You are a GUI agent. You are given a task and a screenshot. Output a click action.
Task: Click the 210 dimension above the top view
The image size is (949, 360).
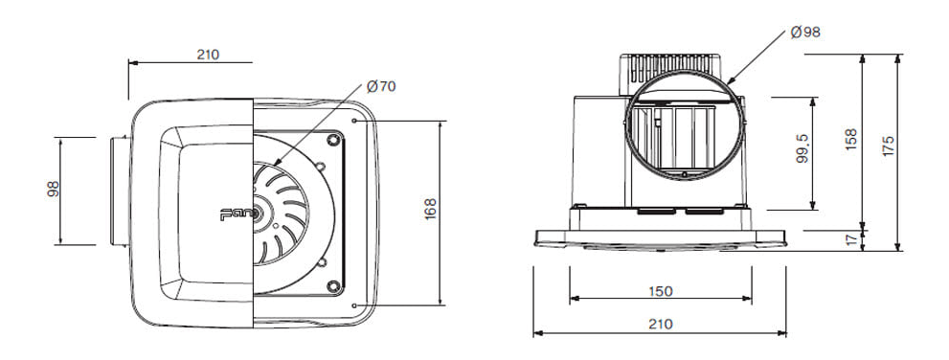click(208, 55)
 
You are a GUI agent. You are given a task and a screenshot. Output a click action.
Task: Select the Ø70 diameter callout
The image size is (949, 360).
click(381, 86)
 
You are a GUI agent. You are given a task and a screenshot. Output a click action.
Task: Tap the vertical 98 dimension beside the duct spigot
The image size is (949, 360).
click(54, 189)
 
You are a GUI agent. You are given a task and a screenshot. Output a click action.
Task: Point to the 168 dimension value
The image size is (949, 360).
click(430, 209)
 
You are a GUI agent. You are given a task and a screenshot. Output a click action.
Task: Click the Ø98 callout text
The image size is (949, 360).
click(805, 32)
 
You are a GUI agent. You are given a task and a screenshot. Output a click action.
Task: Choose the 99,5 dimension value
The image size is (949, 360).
click(802, 149)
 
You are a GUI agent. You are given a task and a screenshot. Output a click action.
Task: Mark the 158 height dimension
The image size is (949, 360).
click(851, 139)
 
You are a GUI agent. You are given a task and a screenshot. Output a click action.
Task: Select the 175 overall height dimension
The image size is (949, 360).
click(888, 146)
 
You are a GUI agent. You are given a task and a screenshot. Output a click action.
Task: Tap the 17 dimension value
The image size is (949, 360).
click(852, 240)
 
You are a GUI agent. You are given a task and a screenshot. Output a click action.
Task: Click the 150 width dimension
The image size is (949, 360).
click(661, 291)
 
